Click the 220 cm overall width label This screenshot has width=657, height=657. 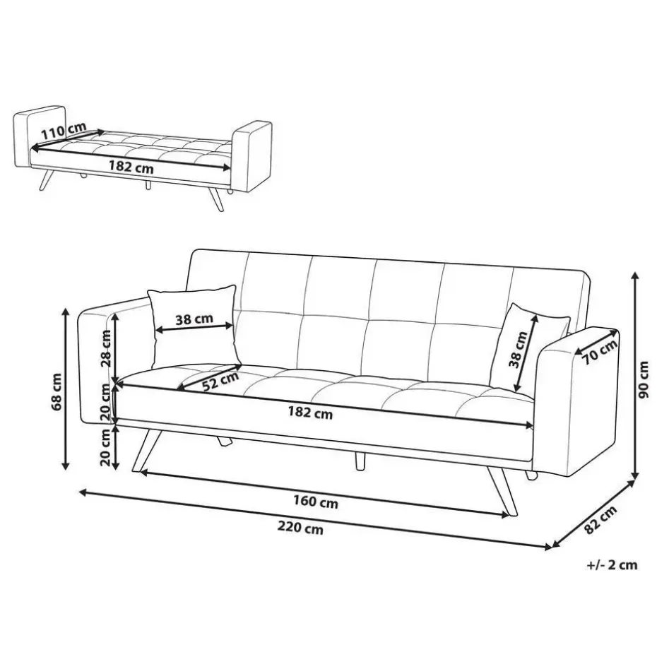click(300, 528)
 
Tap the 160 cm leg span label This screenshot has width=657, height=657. click(316, 502)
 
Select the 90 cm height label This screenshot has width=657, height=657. click(643, 379)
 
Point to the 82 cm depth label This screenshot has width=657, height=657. click(601, 519)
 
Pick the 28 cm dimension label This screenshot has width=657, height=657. click(105, 348)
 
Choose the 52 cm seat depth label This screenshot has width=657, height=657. click(220, 381)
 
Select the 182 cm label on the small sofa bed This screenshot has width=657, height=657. click(131, 167)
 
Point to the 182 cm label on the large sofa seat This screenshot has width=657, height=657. click(310, 413)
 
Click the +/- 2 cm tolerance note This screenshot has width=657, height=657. click(612, 565)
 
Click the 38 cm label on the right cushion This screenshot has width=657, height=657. click(518, 350)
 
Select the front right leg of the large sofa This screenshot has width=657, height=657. click(502, 492)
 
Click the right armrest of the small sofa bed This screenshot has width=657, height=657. click(251, 156)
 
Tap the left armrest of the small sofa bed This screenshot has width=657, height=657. click(39, 136)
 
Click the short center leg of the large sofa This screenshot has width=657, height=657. click(360, 461)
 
